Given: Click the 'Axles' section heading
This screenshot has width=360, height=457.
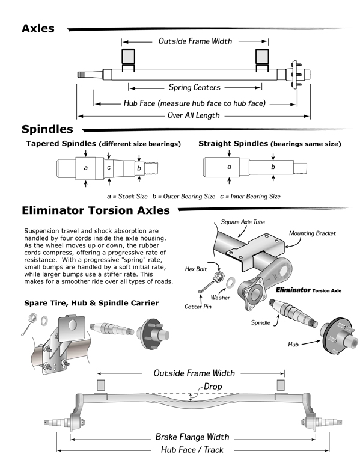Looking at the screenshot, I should pyautogui.click(x=38, y=28).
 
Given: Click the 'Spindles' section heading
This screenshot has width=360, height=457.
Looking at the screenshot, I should pyautogui.click(x=47, y=129).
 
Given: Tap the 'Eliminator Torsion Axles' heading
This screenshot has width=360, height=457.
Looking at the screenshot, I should pyautogui.click(x=96, y=210).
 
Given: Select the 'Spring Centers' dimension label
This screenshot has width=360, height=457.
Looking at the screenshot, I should pyautogui.click(x=194, y=87).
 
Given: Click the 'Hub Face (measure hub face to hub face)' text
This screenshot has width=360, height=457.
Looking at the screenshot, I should pyautogui.click(x=194, y=103).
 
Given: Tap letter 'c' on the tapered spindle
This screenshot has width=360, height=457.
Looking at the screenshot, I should pyautogui.click(x=109, y=167).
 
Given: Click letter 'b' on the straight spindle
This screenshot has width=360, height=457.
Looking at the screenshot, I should pyautogui.click(x=273, y=167).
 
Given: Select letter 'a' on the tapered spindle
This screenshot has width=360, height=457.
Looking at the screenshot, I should pyautogui.click(x=86, y=168).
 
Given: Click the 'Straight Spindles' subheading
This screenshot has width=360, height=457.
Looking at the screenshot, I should pyautogui.click(x=233, y=144).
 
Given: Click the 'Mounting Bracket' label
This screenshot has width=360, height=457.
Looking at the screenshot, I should pyautogui.click(x=312, y=233).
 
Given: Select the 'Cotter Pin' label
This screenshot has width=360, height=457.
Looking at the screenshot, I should pyautogui.click(x=198, y=307).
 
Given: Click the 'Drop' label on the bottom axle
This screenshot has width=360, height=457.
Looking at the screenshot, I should pyautogui.click(x=213, y=386).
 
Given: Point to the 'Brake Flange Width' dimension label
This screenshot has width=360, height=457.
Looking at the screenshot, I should pyautogui.click(x=192, y=437).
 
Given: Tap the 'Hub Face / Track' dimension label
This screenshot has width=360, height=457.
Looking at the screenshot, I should pyautogui.click(x=192, y=449).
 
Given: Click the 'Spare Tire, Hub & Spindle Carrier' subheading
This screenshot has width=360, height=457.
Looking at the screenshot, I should pyautogui.click(x=91, y=303).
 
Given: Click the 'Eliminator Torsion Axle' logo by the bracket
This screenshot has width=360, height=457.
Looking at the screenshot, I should pyautogui.click(x=308, y=290).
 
